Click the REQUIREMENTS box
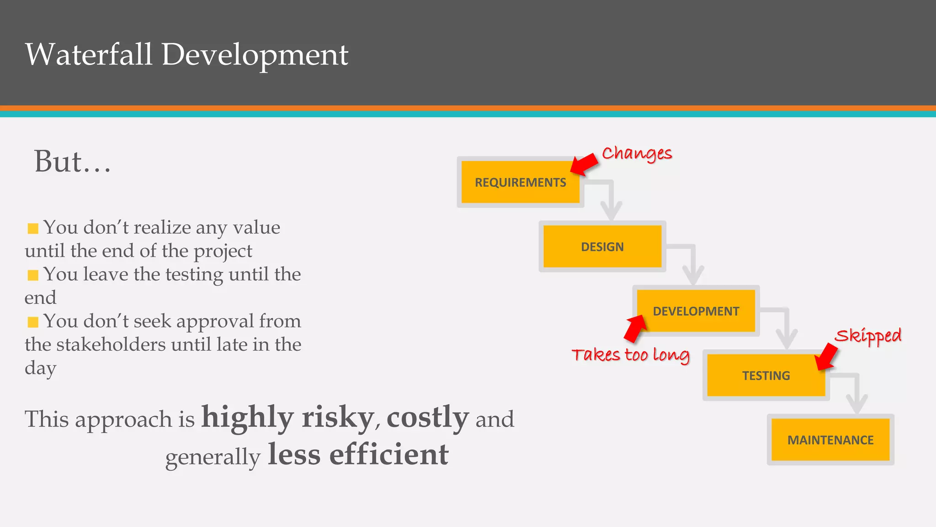pyautogui.click(x=520, y=182)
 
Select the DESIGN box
pyautogui.click(x=602, y=247)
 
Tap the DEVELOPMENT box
pyautogui.click(x=696, y=311)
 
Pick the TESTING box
pyautogui.click(x=766, y=375)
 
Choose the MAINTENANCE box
pyautogui.click(x=830, y=440)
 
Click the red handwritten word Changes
pyautogui.click(x=637, y=154)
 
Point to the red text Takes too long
pyautogui.click(x=630, y=355)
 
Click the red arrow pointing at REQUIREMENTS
pyautogui.click(x=585, y=164)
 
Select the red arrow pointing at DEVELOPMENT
pyautogui.click(x=635, y=328)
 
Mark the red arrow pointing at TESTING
pyautogui.click(x=826, y=357)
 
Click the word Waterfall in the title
pyautogui.click(x=89, y=54)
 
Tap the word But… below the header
pyautogui.click(x=72, y=161)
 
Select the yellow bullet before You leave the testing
pyautogui.click(x=33, y=275)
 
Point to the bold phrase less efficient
pyautogui.click(x=358, y=454)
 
